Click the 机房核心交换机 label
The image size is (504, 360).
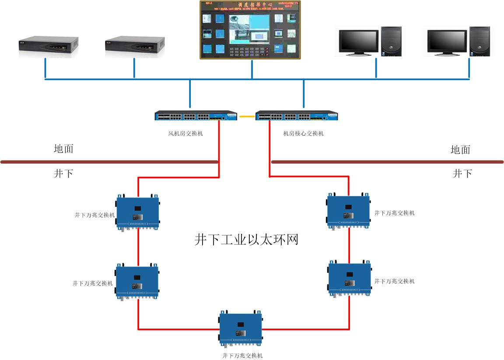pos(303,133)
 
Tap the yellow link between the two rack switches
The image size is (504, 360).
pos(247,116)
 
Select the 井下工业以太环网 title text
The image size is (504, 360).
pos(246,240)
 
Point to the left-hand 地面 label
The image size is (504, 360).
pos(63,149)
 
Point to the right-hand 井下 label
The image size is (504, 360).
pos(462,174)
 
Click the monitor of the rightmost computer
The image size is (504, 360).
pos(446,42)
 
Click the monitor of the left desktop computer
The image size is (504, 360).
pos(358,42)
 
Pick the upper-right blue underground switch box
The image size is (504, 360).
pos(349,210)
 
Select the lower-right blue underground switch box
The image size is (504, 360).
pos(350,278)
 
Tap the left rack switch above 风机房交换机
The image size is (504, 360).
pos(196,116)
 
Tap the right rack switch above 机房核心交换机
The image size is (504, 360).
pos(297,116)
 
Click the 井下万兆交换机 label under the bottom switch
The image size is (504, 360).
pos(242,356)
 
